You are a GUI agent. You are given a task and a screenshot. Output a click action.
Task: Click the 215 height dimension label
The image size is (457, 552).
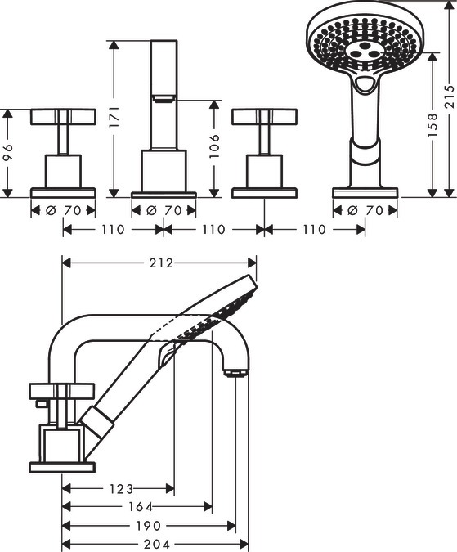coord(450,96)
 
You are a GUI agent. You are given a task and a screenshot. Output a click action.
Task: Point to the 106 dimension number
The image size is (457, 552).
coord(214,146)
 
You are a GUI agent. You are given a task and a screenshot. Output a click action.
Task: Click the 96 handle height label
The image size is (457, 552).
coord(7,152)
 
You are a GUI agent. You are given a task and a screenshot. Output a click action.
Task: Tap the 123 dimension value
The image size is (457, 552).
coord(121,489)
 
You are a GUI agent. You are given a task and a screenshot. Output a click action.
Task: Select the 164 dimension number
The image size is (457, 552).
coord(141,507)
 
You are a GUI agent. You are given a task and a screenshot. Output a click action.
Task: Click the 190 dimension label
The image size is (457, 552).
coord(148,526)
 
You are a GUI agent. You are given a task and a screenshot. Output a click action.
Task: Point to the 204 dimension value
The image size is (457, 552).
coord(156,545)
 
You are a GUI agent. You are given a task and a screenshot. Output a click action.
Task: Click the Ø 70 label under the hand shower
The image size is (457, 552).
coord(365,210)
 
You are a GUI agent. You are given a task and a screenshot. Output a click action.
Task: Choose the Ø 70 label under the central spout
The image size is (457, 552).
coord(164,210)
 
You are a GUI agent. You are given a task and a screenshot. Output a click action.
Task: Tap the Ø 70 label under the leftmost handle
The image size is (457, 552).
coord(63,210)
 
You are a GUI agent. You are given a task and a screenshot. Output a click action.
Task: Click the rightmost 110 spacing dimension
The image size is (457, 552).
coord(314,230)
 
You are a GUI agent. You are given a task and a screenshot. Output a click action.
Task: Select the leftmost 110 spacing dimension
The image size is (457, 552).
coord(113,230)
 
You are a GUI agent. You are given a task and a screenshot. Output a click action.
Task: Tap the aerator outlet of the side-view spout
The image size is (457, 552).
coord(235,372)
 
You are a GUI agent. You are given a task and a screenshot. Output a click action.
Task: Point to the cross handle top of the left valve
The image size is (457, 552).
coord(63,117)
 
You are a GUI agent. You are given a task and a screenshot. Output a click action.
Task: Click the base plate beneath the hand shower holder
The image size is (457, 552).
coord(365,193)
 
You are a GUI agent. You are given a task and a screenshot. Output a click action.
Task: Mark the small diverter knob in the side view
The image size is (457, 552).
coord(41,403)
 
